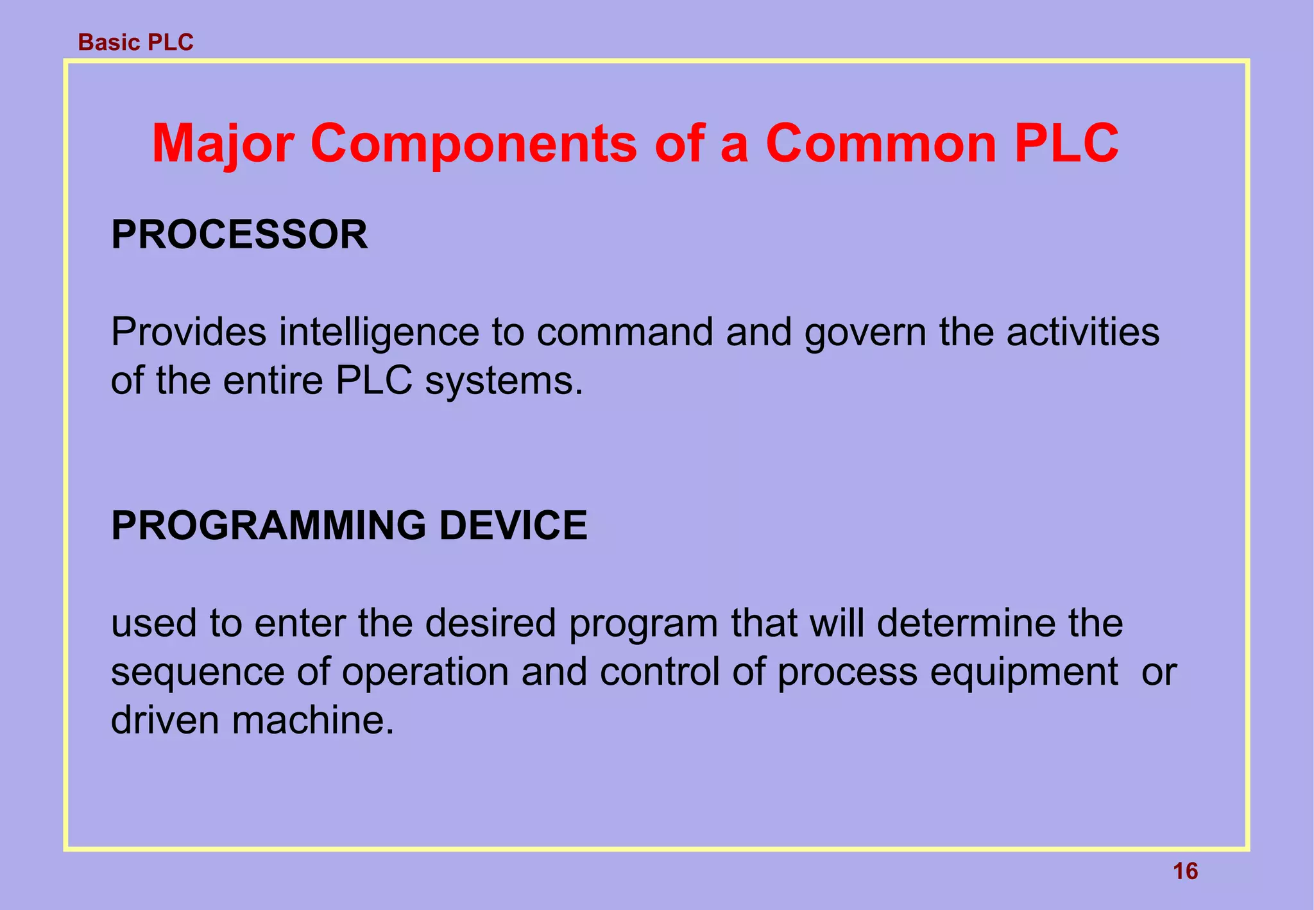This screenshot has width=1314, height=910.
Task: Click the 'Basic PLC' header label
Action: (x=135, y=42)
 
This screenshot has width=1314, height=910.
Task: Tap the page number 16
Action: (x=1185, y=871)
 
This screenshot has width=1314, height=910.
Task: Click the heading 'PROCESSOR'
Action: (x=239, y=235)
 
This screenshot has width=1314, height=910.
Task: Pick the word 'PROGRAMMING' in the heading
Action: (x=268, y=526)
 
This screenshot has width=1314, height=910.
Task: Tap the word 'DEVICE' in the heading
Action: (x=513, y=526)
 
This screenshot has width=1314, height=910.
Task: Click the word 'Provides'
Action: (x=189, y=332)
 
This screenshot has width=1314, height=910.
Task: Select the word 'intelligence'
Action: (x=379, y=332)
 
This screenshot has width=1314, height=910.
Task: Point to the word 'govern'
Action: (x=866, y=332)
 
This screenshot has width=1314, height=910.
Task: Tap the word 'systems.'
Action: (x=504, y=381)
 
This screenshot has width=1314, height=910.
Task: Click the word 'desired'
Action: (x=490, y=623)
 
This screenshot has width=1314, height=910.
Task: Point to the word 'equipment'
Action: (x=1024, y=672)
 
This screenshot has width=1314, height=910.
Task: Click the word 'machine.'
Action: (x=312, y=720)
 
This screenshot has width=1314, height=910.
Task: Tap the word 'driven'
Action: (x=165, y=720)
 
